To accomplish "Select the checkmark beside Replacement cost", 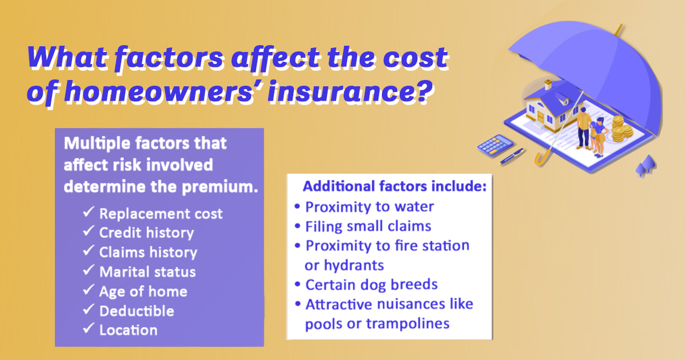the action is (x=88, y=212).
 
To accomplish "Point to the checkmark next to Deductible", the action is (x=88, y=309).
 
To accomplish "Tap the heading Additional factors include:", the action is (x=394, y=186).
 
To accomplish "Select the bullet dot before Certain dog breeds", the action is (x=297, y=285).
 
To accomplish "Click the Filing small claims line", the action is (x=368, y=226).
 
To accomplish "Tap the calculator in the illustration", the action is (x=494, y=146).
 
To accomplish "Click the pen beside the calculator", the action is (x=512, y=156).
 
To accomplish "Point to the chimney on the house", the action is (x=548, y=84).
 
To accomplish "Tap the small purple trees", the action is (x=646, y=165).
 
